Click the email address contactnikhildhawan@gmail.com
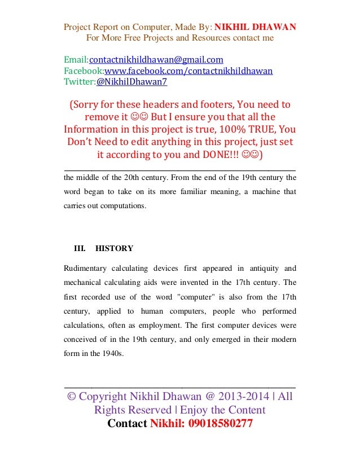click(156, 60)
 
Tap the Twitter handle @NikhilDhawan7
click(131, 82)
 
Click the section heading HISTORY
click(115, 248)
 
